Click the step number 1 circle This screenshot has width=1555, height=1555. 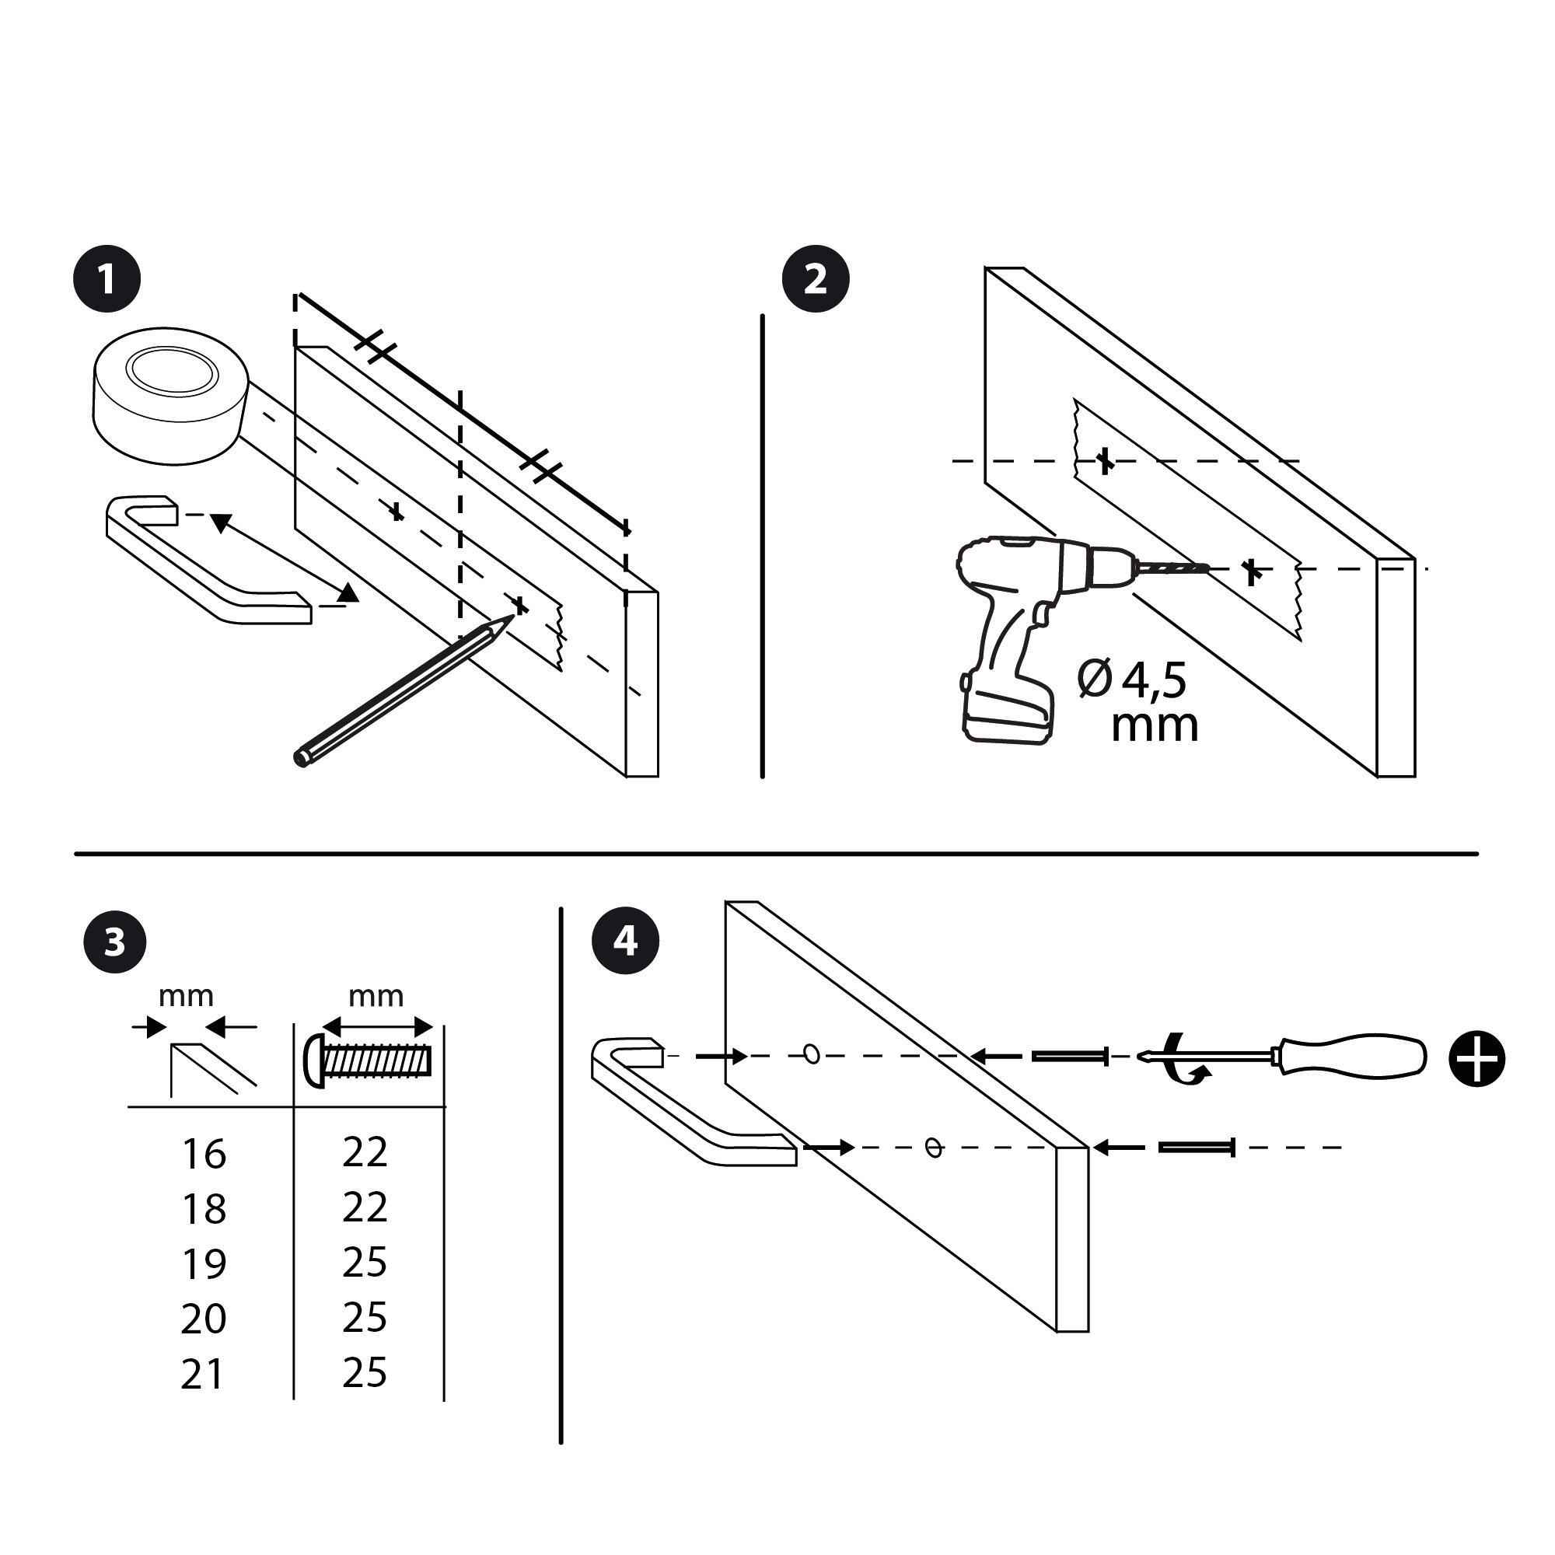pos(107,278)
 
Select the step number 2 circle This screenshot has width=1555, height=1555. pos(816,278)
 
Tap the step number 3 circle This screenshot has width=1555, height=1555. pos(115,940)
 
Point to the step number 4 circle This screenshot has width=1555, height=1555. pos(625,940)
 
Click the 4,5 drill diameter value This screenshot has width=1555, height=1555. pos(1154,680)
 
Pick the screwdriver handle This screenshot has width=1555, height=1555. pos(1352,1057)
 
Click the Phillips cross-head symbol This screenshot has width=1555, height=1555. pos(1477,1058)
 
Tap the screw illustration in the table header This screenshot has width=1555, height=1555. pos(369,1061)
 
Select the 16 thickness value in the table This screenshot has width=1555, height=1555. pos(204,1155)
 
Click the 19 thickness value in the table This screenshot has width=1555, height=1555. pos(204,1264)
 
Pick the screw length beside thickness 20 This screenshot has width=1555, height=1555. pos(365,1318)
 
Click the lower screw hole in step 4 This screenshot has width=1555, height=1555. pos(934,1147)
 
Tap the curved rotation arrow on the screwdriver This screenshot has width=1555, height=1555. pos(1185,1058)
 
